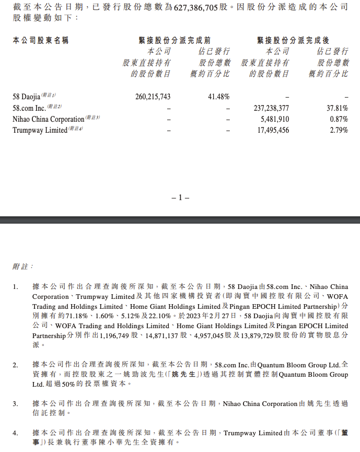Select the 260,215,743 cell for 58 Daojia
pyautogui.click(x=153, y=97)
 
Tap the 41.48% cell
pyautogui.click(x=218, y=97)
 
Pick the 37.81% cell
pyautogui.click(x=338, y=108)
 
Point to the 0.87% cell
pyautogui.click(x=339, y=119)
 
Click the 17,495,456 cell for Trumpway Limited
pyautogui.click(x=272, y=130)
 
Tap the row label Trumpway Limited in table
pyautogui.click(x=40, y=130)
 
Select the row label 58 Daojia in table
pyautogui.click(x=26, y=97)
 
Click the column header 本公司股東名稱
pyautogui.click(x=41, y=40)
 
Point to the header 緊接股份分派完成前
pyautogui.click(x=175, y=40)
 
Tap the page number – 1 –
pyautogui.click(x=180, y=198)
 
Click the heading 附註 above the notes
pyautogui.click(x=22, y=266)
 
